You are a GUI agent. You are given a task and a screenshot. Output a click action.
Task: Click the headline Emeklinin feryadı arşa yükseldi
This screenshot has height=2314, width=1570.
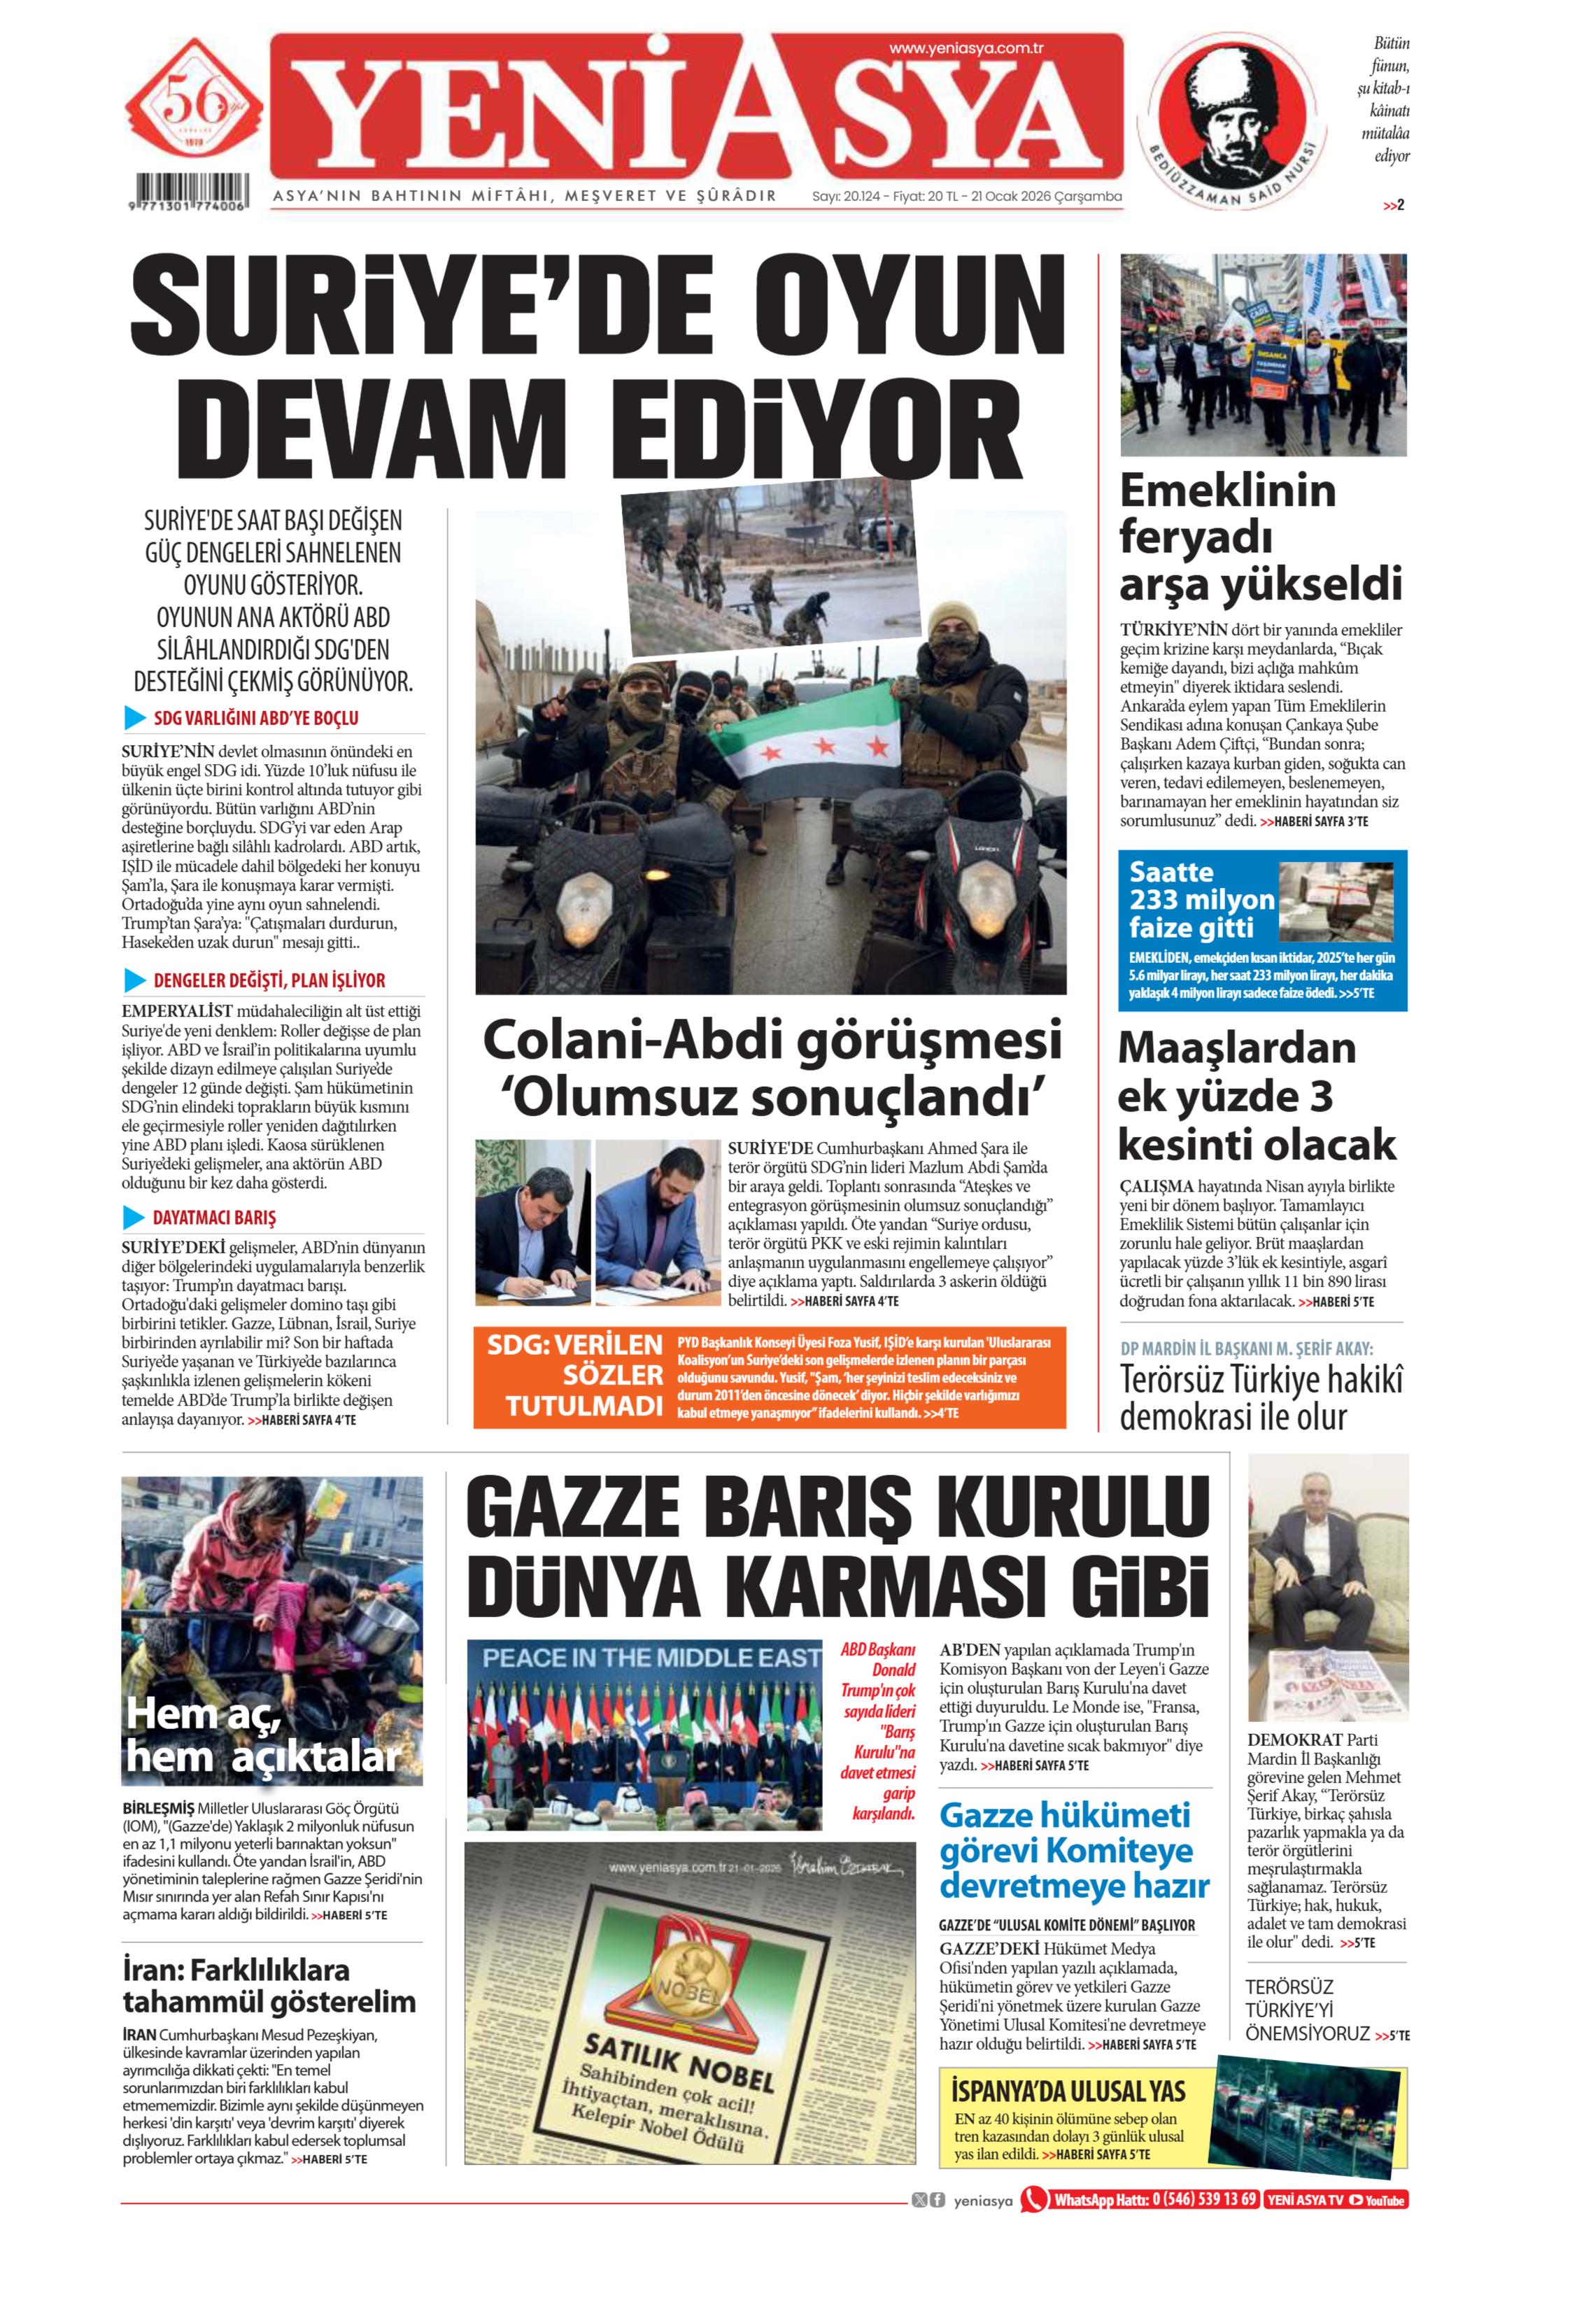(x=1259, y=537)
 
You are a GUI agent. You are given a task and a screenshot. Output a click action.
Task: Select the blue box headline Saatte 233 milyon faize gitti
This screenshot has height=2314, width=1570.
(x=1201, y=899)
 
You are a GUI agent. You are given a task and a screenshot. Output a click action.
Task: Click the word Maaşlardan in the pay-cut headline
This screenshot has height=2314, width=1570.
(x=1236, y=1048)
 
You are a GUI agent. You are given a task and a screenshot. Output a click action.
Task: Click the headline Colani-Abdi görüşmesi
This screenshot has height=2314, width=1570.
(x=772, y=1041)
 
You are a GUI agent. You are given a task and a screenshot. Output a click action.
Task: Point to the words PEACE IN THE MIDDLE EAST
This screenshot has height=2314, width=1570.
(x=651, y=1658)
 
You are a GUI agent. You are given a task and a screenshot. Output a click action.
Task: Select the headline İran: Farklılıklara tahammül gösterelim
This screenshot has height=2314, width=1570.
(x=269, y=1984)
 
